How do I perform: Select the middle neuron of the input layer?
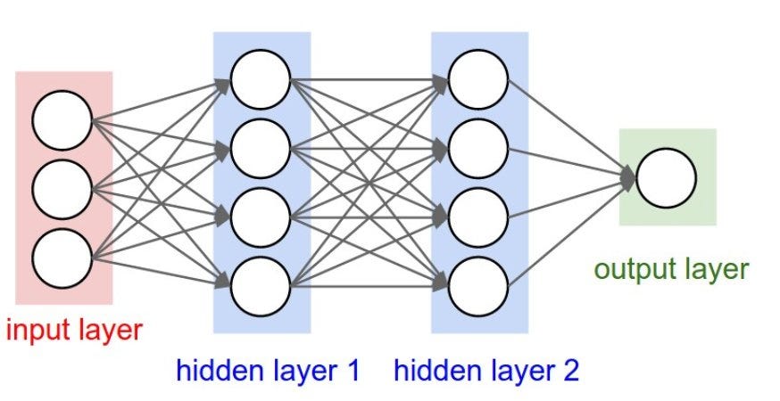(62, 189)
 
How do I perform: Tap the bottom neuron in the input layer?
(62, 258)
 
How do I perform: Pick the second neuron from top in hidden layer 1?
(261, 148)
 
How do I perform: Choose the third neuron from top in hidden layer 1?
(261, 217)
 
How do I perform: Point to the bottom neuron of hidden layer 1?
(261, 285)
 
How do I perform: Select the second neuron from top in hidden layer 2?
(478, 148)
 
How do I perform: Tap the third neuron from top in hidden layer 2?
(478, 217)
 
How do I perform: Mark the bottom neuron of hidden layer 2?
(478, 285)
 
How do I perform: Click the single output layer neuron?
(666, 177)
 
